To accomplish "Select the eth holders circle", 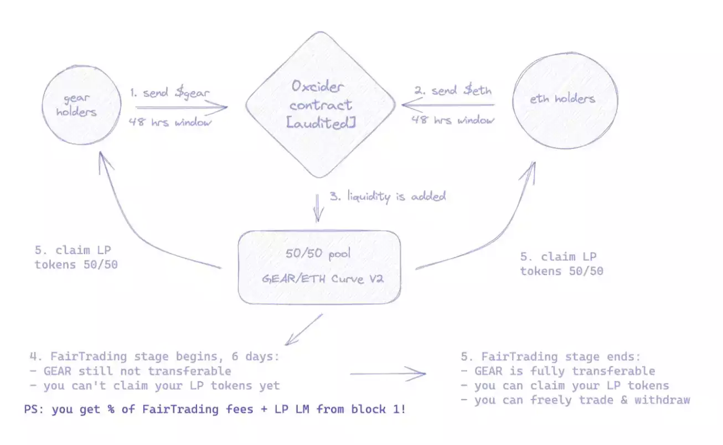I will point(565,100).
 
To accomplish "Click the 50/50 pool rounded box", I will point(319,268).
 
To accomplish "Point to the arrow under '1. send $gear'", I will point(181,107).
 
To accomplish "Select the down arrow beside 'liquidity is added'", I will point(318,208).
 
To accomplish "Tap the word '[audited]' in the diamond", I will point(321,123).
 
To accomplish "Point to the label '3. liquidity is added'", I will point(388,196).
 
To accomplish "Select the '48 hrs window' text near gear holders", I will point(170,122).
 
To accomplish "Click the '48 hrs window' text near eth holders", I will point(452,119).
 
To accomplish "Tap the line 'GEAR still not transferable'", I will point(132,371).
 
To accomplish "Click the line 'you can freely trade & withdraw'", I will point(576,400).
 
